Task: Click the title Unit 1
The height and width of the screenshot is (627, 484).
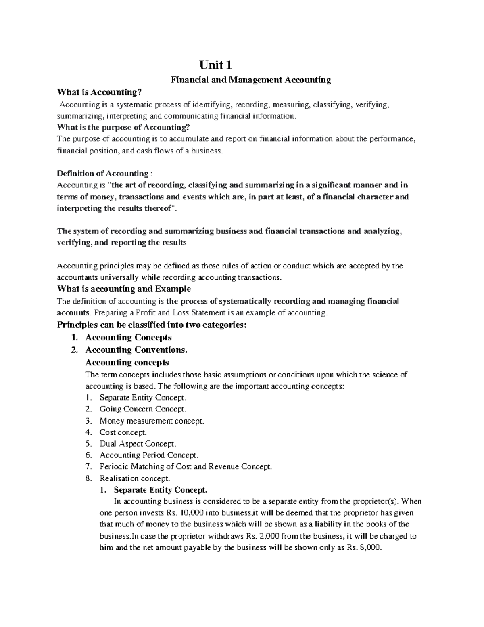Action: (x=216, y=65)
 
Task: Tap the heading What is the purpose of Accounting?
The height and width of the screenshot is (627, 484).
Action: (x=123, y=127)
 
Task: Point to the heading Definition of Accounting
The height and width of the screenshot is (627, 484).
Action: (x=104, y=174)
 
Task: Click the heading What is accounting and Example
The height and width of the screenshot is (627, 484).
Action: (x=124, y=289)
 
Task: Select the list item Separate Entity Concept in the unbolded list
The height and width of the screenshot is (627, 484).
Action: (x=143, y=398)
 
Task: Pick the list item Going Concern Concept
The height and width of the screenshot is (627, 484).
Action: (x=143, y=409)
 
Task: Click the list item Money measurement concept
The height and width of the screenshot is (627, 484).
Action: (x=152, y=421)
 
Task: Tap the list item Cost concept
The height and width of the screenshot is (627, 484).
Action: (x=123, y=432)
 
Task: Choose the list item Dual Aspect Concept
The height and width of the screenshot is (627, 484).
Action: (x=138, y=444)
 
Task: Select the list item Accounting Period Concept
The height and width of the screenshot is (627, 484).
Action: (x=149, y=455)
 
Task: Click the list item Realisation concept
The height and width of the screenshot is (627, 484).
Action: (x=135, y=478)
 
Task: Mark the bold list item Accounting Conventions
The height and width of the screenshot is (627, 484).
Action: (x=136, y=350)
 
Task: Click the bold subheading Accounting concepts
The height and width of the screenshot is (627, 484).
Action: (x=127, y=362)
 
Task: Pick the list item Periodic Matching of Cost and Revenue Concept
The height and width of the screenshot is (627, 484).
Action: (x=186, y=467)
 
